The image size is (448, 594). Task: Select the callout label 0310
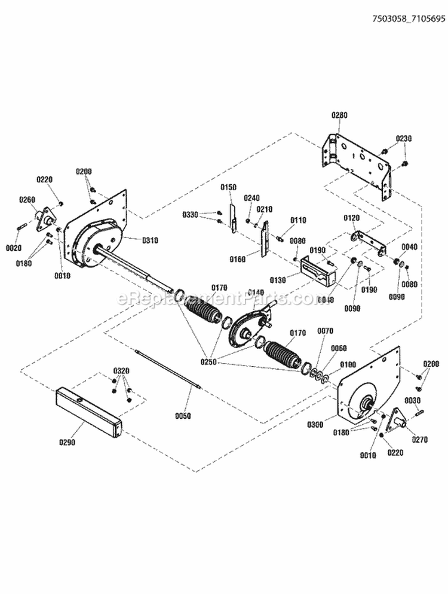click(x=150, y=240)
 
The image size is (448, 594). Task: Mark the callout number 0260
click(x=27, y=200)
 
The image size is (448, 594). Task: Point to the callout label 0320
click(x=121, y=370)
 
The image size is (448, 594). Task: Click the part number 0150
click(x=229, y=187)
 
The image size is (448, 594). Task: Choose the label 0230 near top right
click(x=404, y=139)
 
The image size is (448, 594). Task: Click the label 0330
click(x=191, y=214)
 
